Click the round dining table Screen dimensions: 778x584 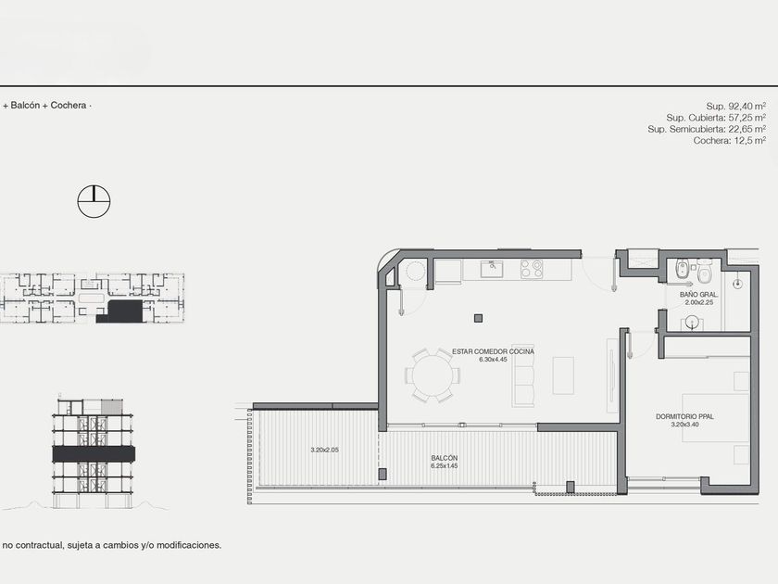tap(433, 375)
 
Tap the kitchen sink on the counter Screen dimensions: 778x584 tap(492, 269)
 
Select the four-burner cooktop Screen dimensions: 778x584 tap(532, 269)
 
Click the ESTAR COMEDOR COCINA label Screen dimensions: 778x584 tap(493, 351)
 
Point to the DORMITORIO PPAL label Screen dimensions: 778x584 tap(684, 416)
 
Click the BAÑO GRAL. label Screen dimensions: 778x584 tap(698, 295)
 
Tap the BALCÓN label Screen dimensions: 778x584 tap(444, 458)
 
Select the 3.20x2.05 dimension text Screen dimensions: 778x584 tap(324, 450)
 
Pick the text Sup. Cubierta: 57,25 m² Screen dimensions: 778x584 tap(716, 118)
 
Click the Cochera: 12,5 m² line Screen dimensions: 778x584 tap(730, 141)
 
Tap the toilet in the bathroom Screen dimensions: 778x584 tap(704, 270)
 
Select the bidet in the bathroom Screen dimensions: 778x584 tap(683, 270)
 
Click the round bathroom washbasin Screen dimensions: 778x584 tap(694, 324)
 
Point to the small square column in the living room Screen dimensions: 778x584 tap(478, 318)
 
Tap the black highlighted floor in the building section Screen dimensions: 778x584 tap(94, 454)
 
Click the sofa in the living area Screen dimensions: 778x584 tap(524, 375)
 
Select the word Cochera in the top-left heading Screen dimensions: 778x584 tap(69, 106)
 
